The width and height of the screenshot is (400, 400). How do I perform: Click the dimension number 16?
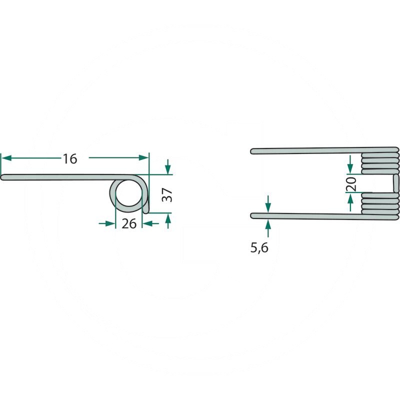[70, 159]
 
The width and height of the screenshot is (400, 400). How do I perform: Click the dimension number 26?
[129, 223]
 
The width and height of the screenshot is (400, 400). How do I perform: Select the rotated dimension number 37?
[167, 194]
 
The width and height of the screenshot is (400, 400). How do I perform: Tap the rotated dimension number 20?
[351, 184]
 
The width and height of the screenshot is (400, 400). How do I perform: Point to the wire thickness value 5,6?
[259, 247]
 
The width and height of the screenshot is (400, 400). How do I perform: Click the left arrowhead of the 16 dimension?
[6, 158]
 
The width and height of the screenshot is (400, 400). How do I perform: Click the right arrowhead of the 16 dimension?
[143, 157]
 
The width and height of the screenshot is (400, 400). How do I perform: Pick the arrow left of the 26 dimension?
[107, 223]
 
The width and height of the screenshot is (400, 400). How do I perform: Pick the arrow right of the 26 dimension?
[150, 223]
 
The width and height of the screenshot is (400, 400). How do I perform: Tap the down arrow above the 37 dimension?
[168, 167]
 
